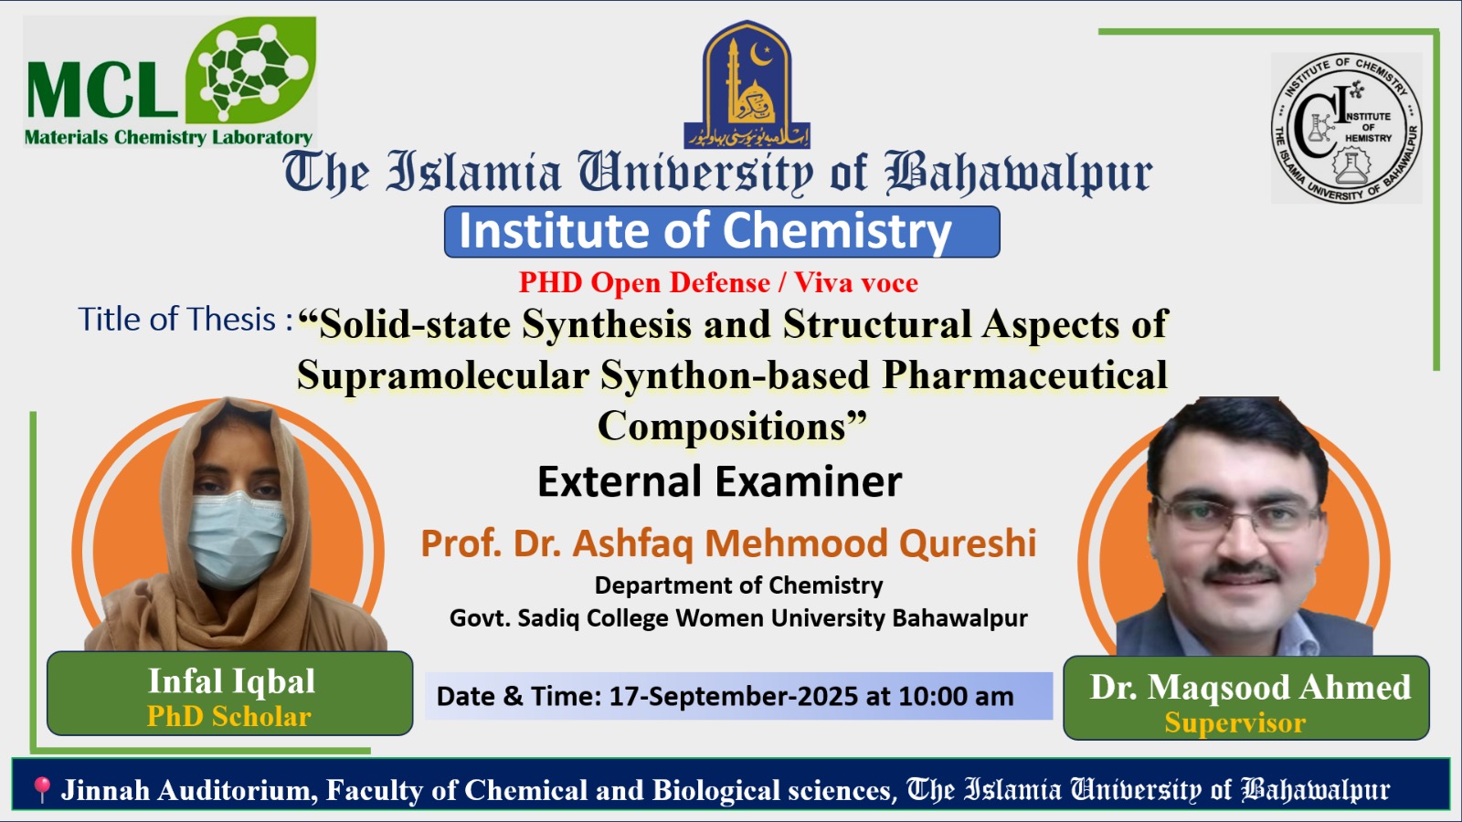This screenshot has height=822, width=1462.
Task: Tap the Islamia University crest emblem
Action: pos(747,85)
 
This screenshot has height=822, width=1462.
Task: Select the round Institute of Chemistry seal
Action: pos(1347,128)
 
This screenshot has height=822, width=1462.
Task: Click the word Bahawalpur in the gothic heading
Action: pos(1019,174)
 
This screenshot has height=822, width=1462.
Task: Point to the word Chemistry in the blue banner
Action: pos(837,231)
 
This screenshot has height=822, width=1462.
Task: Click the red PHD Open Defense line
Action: pos(718,282)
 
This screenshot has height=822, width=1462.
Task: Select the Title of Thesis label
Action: pos(185,320)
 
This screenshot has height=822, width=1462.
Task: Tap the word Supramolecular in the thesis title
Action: pos(444,375)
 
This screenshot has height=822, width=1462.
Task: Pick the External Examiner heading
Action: pos(720,481)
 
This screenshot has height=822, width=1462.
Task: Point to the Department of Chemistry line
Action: pos(738,585)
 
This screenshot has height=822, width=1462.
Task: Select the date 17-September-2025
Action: pos(733,696)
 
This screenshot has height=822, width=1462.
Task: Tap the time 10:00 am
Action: pos(956,696)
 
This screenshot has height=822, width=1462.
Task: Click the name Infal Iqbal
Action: pos(232,681)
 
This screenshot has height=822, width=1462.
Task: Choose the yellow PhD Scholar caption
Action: pos(229,716)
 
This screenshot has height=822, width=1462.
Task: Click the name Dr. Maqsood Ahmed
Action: pos(1250,687)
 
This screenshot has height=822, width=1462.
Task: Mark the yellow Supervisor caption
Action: pos(1234,722)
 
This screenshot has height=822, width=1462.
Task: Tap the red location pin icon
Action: pos(42,789)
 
